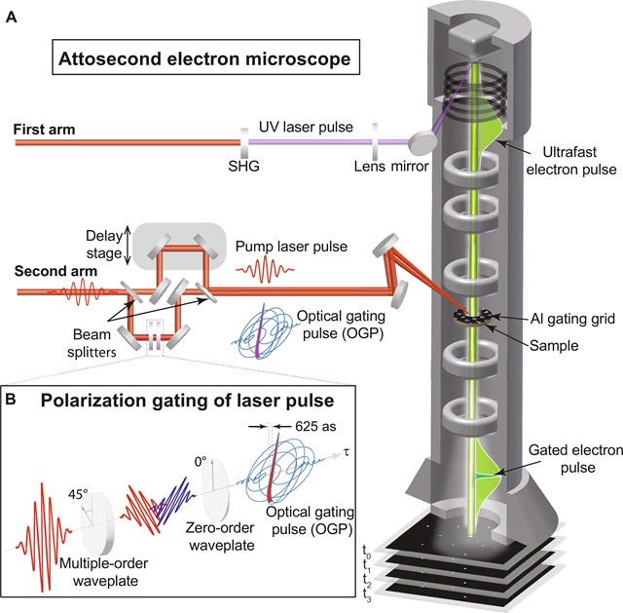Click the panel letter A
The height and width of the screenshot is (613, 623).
(12, 18)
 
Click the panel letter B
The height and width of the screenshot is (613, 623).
(12, 399)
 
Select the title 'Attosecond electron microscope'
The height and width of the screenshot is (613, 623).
(204, 58)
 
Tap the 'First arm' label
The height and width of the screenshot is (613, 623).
(44, 130)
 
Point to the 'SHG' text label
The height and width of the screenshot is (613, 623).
(244, 166)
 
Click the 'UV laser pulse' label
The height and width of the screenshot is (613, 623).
(306, 127)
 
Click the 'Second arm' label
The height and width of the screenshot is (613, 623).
(56, 271)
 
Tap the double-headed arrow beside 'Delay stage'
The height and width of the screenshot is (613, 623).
(128, 245)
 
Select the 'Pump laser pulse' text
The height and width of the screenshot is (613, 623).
(291, 247)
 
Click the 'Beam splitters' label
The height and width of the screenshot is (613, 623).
(92, 343)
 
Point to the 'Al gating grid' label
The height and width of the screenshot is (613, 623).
(572, 319)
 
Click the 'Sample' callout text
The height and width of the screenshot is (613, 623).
(554, 345)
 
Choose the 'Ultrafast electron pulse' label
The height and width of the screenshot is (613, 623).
(571, 161)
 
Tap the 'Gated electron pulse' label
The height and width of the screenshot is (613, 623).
(575, 459)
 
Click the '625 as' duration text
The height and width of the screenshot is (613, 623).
(315, 426)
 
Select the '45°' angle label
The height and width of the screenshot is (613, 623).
(78, 494)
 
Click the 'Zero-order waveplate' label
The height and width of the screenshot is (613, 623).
(221, 536)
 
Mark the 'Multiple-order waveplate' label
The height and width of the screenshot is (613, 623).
(104, 572)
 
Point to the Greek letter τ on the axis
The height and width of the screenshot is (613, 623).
(347, 452)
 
